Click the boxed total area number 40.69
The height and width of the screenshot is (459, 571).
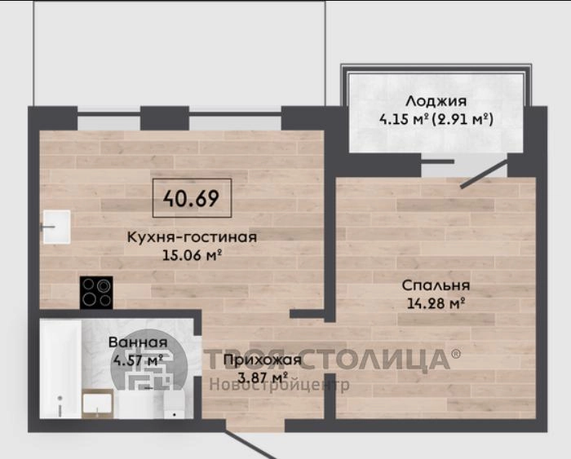[191, 198]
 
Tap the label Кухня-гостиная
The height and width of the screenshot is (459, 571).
[192, 237]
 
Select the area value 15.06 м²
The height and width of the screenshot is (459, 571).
[192, 255]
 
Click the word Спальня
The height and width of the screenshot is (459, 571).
[436, 285]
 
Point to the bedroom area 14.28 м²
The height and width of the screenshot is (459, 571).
[436, 302]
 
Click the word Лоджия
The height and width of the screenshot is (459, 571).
[436, 101]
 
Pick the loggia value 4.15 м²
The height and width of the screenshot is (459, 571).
[403, 119]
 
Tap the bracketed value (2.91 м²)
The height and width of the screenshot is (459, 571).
[463, 119]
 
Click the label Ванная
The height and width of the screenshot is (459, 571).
[138, 342]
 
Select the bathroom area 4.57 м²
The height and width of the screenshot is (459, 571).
[138, 360]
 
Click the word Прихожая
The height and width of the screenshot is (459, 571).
[263, 360]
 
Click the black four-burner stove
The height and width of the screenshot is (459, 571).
[96, 293]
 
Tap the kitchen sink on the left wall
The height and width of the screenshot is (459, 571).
[57, 227]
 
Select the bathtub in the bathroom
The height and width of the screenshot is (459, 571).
[60, 369]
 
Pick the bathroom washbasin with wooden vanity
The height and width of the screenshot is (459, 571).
[97, 404]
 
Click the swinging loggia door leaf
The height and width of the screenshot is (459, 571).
[484, 175]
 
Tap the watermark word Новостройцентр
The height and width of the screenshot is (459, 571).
[279, 384]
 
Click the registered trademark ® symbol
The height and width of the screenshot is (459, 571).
[455, 353]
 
